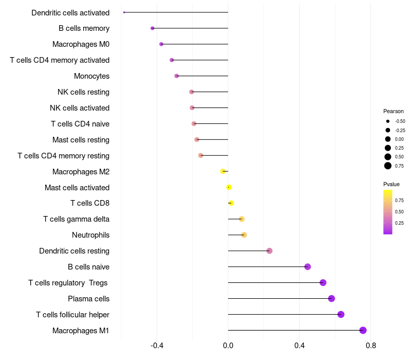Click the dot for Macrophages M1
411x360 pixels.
click(x=363, y=330)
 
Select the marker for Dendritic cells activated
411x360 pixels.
click(x=124, y=12)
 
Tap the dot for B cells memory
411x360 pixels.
click(x=152, y=28)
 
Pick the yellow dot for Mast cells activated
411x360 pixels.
click(x=229, y=187)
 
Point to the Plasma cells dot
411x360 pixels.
click(x=331, y=298)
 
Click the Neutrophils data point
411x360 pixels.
click(x=244, y=235)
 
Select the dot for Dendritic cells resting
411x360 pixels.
click(x=269, y=251)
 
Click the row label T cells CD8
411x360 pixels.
click(x=90, y=203)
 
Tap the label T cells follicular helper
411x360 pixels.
click(x=72, y=314)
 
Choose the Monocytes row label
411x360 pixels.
click(x=91, y=76)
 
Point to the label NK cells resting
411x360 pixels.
click(x=83, y=92)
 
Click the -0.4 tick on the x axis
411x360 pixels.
click(x=157, y=346)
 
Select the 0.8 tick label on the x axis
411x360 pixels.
click(x=371, y=346)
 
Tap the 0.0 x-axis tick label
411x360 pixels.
click(x=228, y=346)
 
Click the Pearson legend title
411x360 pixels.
click(x=393, y=111)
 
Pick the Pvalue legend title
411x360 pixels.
click(x=391, y=184)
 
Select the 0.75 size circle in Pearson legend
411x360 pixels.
click(x=388, y=166)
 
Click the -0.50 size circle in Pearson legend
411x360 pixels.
click(x=388, y=121)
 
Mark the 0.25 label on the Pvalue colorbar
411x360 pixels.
click(x=399, y=223)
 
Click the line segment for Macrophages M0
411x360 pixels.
click(x=195, y=44)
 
